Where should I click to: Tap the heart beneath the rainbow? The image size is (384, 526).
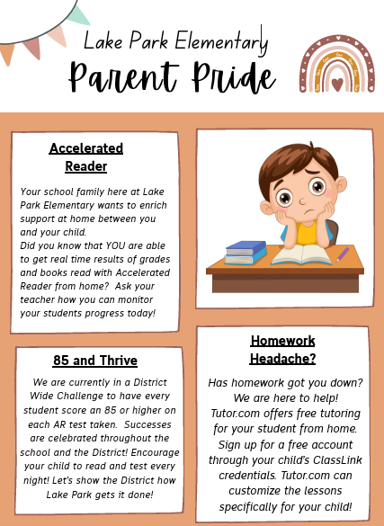pyautogui.click(x=336, y=85)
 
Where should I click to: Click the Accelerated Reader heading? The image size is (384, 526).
pyautogui.click(x=86, y=157)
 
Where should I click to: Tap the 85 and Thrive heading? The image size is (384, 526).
pyautogui.click(x=95, y=361)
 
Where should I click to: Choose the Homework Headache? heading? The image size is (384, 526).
pyautogui.click(x=282, y=349)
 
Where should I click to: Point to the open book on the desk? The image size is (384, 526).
pyautogui.click(x=301, y=254)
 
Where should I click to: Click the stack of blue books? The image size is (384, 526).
pyautogui.click(x=245, y=253)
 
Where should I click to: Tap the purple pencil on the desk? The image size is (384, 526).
pyautogui.click(x=343, y=254)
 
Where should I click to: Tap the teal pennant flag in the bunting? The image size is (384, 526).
pyautogui.click(x=79, y=14)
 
